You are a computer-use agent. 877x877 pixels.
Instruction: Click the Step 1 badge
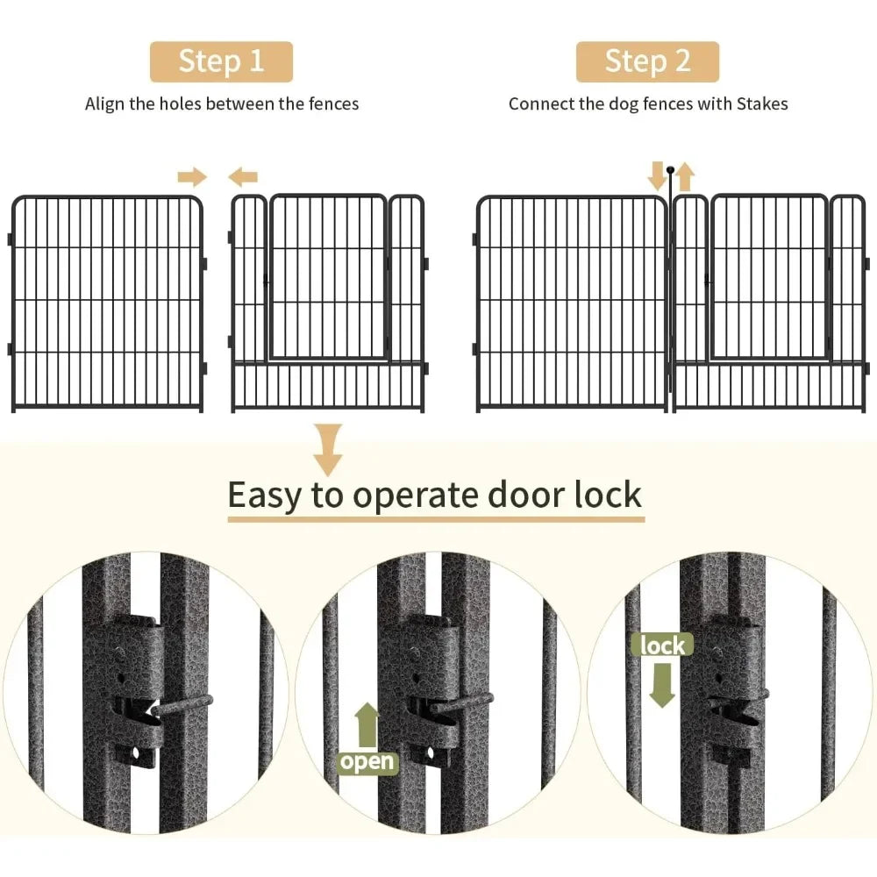tap(221, 61)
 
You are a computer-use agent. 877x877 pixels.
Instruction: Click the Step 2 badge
tap(647, 61)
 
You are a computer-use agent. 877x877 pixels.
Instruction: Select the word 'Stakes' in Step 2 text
tap(761, 103)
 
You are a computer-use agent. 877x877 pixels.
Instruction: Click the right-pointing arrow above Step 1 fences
tap(191, 178)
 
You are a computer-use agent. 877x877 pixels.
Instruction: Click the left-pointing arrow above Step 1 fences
tap(243, 178)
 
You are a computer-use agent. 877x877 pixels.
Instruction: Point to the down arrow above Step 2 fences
tap(657, 175)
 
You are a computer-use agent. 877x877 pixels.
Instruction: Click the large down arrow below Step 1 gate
tap(329, 448)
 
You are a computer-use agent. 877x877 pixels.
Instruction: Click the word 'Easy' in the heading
tap(265, 496)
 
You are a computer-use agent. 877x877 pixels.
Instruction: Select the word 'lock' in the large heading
tap(606, 496)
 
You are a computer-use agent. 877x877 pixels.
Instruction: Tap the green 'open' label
tap(367, 761)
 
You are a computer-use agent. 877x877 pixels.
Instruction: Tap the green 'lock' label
tap(662, 645)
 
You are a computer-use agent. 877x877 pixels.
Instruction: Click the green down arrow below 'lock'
tap(662, 684)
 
